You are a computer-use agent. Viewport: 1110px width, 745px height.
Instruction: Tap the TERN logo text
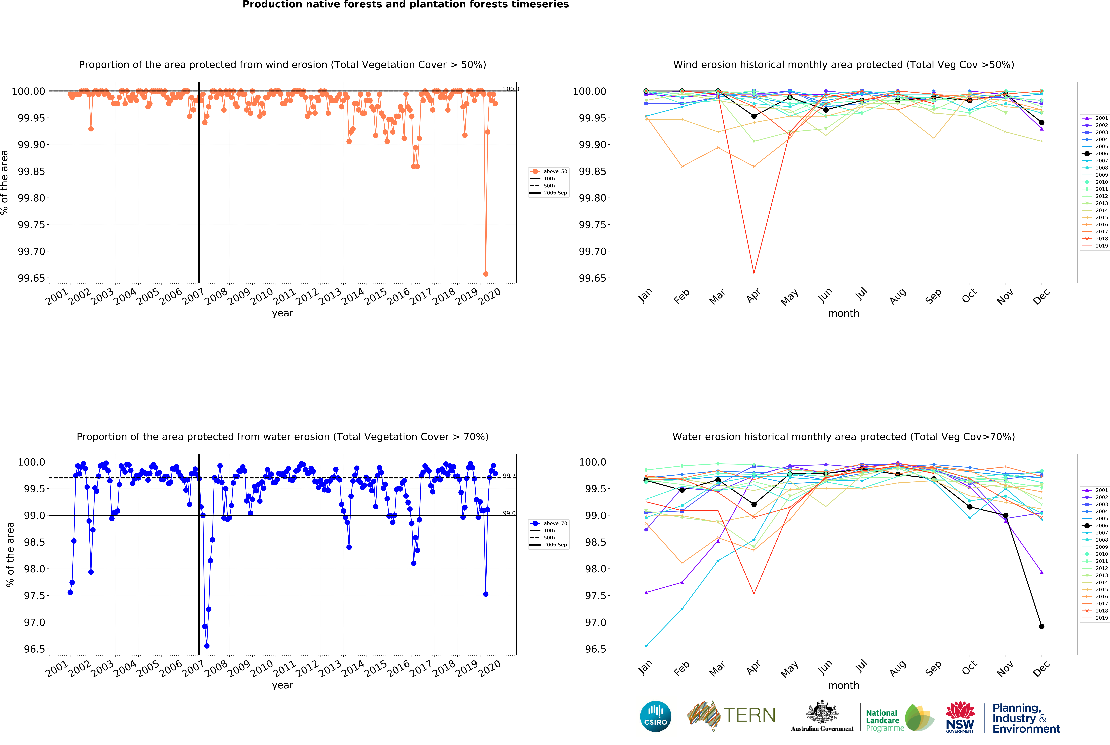point(749,715)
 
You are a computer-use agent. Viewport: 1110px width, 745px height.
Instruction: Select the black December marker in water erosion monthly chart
point(1042,626)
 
